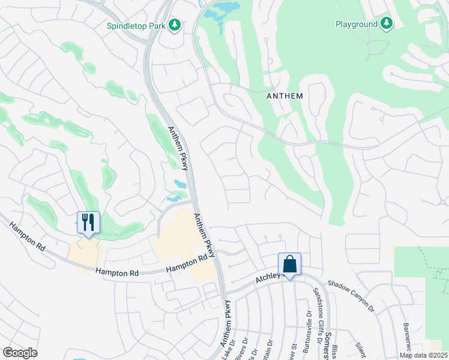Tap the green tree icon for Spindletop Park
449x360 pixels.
pos(175,25)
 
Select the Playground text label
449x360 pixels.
pos(356,24)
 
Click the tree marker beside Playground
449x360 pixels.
pos(387,24)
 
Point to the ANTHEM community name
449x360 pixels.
pos(285,96)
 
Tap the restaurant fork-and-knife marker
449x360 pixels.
pos(88,223)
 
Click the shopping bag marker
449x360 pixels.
pos(289,264)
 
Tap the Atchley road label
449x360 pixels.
pos(268,276)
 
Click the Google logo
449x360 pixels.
pos(20,353)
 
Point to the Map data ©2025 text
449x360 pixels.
pos(423,355)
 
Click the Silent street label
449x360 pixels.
pos(361,349)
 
